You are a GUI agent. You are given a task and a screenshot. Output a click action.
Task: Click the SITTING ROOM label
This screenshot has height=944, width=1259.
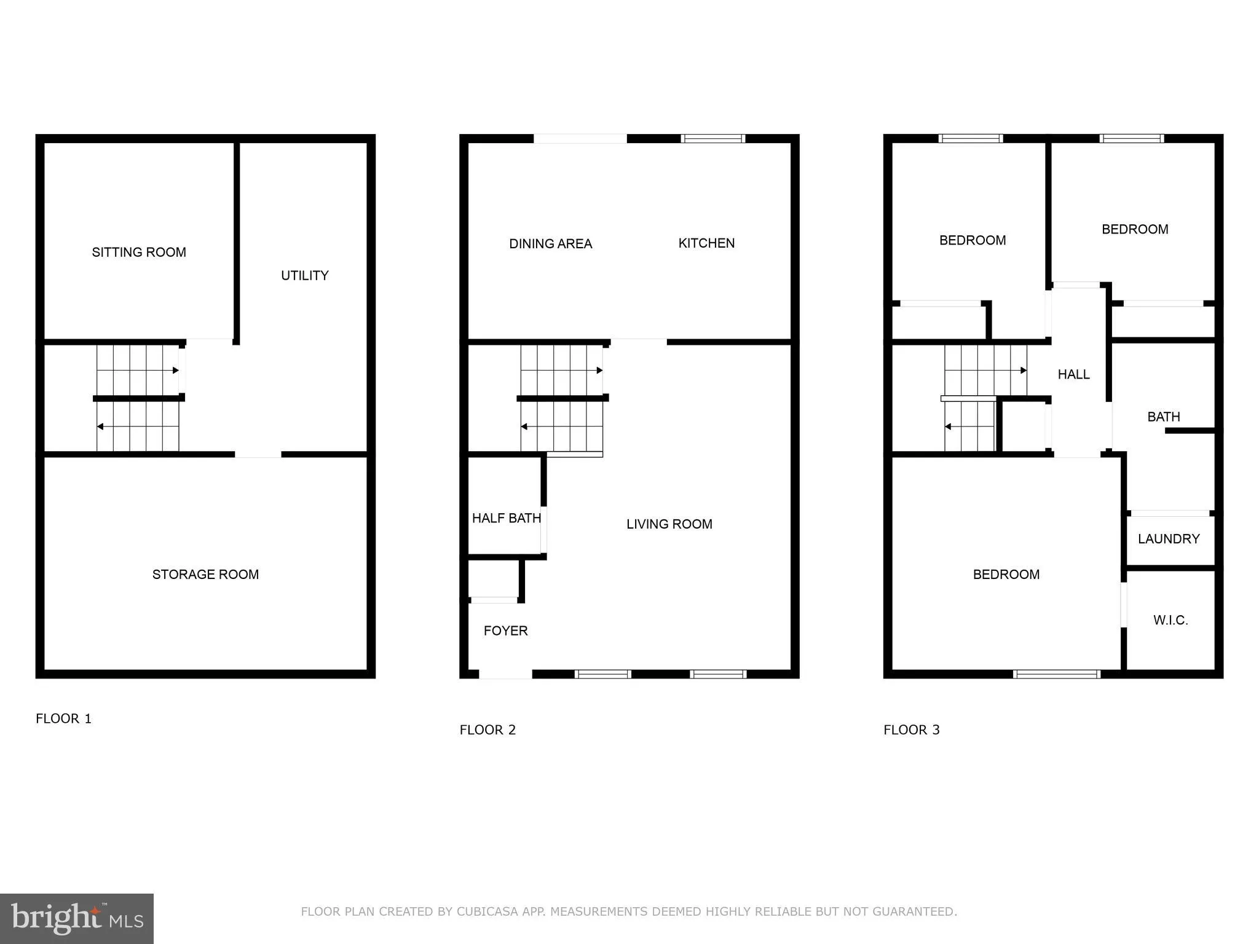point(139,252)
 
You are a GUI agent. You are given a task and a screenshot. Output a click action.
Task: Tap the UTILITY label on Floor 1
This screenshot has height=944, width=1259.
point(305,275)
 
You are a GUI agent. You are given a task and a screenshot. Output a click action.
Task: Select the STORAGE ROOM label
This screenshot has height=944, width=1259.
point(205,574)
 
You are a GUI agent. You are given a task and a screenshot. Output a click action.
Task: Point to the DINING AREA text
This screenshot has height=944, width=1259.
point(550,244)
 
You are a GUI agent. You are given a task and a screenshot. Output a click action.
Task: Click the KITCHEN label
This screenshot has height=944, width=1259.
point(706,243)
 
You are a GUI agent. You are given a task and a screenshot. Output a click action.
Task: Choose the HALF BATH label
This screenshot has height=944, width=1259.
point(506,518)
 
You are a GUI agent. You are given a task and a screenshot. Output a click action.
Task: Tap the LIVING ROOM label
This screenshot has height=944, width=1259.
point(669,524)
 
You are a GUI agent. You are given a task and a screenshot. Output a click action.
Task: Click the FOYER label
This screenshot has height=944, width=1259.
point(505,631)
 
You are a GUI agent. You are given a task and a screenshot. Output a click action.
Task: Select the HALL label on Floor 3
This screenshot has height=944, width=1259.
point(1073,374)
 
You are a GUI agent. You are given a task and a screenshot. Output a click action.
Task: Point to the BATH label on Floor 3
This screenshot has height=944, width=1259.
point(1163,417)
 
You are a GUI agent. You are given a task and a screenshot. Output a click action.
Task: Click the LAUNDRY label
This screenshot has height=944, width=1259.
point(1169,539)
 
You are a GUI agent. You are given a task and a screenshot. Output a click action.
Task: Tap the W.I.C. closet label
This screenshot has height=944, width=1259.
point(1170,620)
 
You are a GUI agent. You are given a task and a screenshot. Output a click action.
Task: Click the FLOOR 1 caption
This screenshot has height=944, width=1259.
point(63,718)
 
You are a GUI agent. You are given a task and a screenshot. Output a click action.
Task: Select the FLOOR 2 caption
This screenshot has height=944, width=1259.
point(487,730)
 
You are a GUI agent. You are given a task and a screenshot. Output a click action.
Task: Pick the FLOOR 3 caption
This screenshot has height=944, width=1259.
point(911,730)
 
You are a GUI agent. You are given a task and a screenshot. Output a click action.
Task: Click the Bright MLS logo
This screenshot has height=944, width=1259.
point(77,919)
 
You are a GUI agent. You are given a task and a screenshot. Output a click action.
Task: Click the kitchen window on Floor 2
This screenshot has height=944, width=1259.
point(713,139)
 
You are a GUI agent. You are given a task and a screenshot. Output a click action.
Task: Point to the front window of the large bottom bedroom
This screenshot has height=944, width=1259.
point(1056,674)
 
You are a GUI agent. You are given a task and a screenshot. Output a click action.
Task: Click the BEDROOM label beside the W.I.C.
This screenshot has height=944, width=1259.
point(1006,575)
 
